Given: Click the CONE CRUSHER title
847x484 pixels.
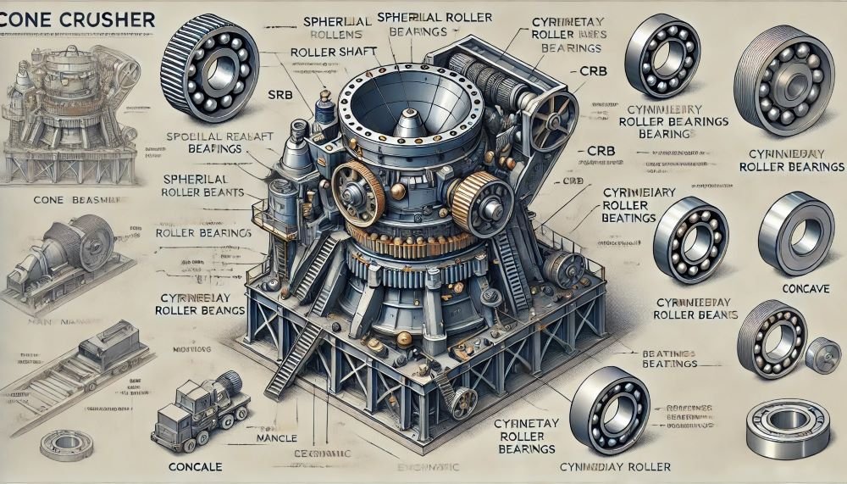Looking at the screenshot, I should point(77,18).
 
